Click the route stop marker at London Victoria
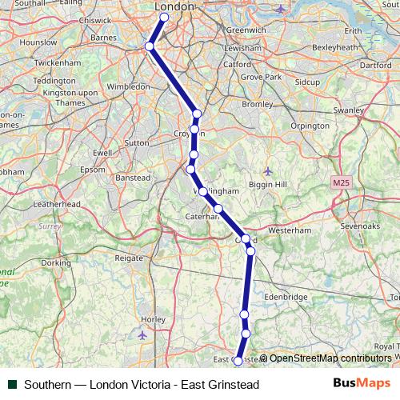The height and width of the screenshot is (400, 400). pyautogui.click(x=164, y=17)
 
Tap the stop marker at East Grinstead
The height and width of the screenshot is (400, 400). pyautogui.click(x=238, y=362)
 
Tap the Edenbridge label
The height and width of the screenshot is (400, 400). pyautogui.click(x=285, y=297)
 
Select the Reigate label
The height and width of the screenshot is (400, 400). pyautogui.click(x=129, y=258)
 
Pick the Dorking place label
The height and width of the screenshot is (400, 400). pyautogui.click(x=56, y=262)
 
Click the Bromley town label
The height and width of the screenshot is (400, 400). pyautogui.click(x=257, y=104)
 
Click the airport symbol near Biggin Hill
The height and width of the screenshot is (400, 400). pyautogui.click(x=268, y=170)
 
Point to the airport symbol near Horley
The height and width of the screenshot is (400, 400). pyautogui.click(x=143, y=334)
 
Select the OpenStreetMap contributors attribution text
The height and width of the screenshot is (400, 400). pyautogui.click(x=330, y=358)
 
